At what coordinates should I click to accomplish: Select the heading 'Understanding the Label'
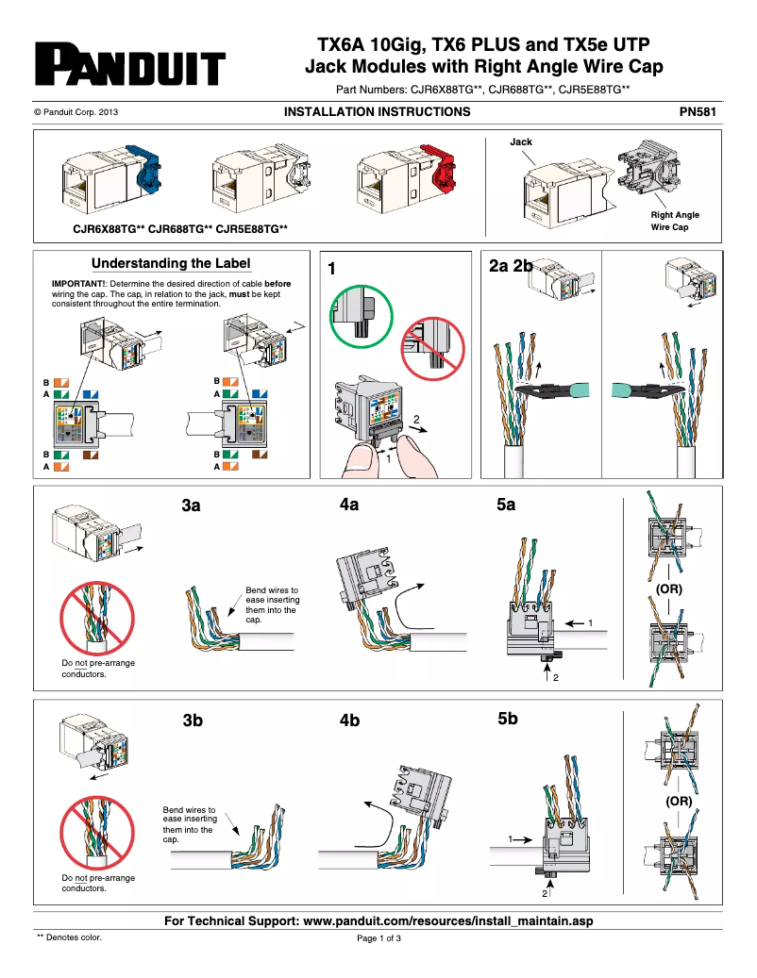(171, 264)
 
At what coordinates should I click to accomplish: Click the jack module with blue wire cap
(105, 180)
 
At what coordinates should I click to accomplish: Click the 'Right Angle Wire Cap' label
(675, 221)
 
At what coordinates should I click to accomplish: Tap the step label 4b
(350, 721)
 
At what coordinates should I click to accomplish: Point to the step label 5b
(508, 720)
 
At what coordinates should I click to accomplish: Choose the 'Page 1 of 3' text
(378, 938)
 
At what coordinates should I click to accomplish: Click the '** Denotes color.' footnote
(69, 937)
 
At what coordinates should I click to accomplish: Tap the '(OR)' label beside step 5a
(669, 588)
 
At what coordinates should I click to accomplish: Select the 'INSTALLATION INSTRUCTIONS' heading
(377, 112)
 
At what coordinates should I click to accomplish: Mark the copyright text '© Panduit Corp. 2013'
(76, 112)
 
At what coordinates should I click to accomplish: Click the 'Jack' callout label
(521, 142)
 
